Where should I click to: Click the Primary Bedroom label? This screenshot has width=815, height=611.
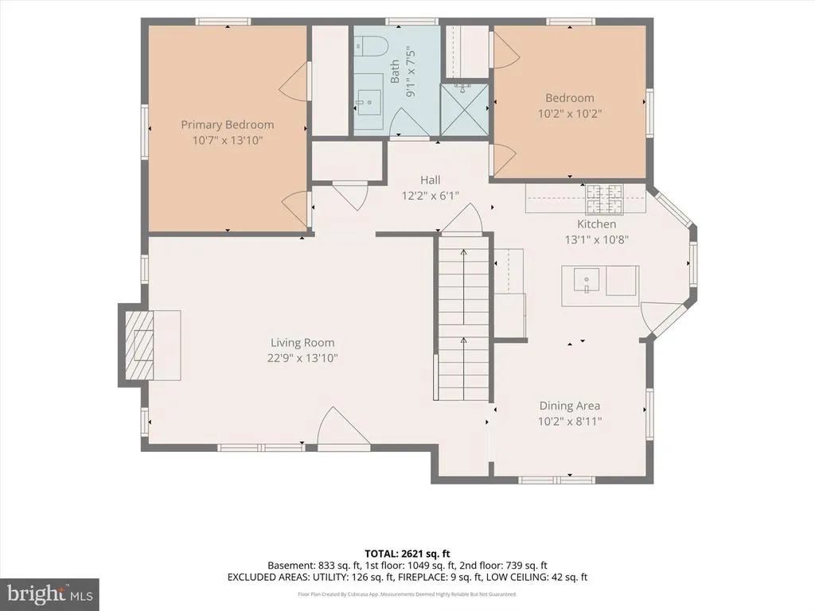[227, 125]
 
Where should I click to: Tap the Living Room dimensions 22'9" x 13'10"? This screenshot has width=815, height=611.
[302, 358]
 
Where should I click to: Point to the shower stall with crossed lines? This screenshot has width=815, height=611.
[464, 108]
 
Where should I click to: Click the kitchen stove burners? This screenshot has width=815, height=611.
[605, 199]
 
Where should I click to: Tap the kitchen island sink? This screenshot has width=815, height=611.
[587, 280]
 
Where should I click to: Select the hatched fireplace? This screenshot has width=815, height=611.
[138, 344]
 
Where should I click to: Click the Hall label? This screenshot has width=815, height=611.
[431, 181]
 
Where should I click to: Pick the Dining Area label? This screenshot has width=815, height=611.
[570, 406]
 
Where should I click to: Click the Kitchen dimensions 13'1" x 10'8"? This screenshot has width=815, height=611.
[597, 239]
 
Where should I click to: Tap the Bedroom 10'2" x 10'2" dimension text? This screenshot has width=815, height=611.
[570, 113]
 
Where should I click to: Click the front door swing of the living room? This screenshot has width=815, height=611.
[342, 427]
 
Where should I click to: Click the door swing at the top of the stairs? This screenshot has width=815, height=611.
[462, 218]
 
